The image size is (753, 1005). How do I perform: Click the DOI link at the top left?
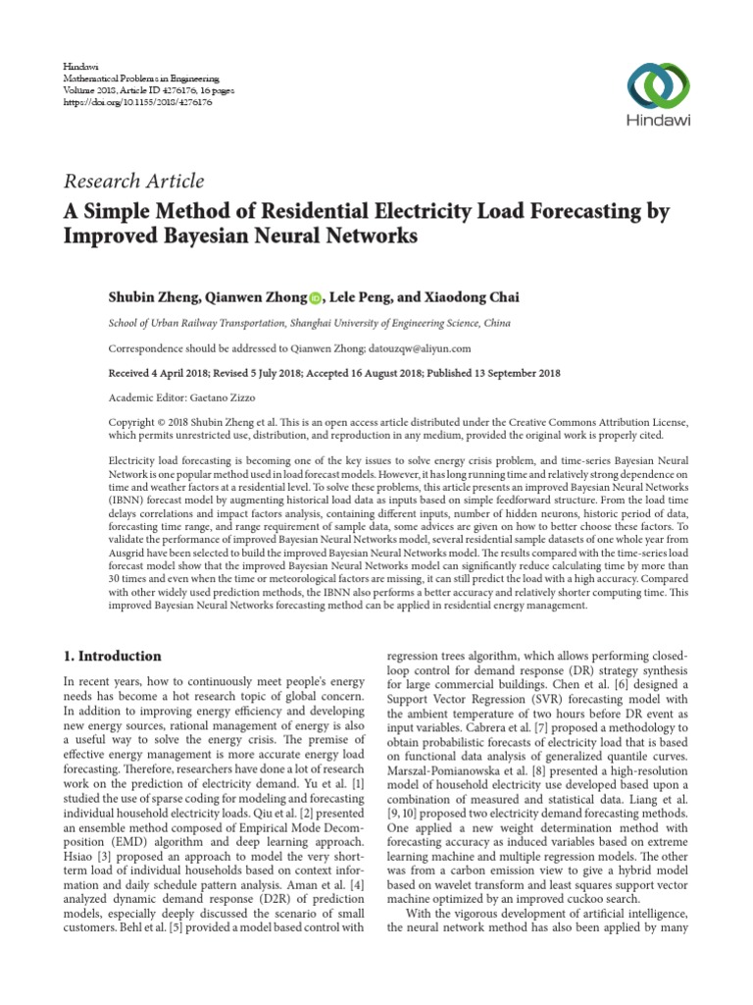click(x=125, y=100)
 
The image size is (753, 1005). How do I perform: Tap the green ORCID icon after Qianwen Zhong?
click(x=316, y=298)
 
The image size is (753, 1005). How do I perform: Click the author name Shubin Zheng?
click(x=153, y=297)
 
